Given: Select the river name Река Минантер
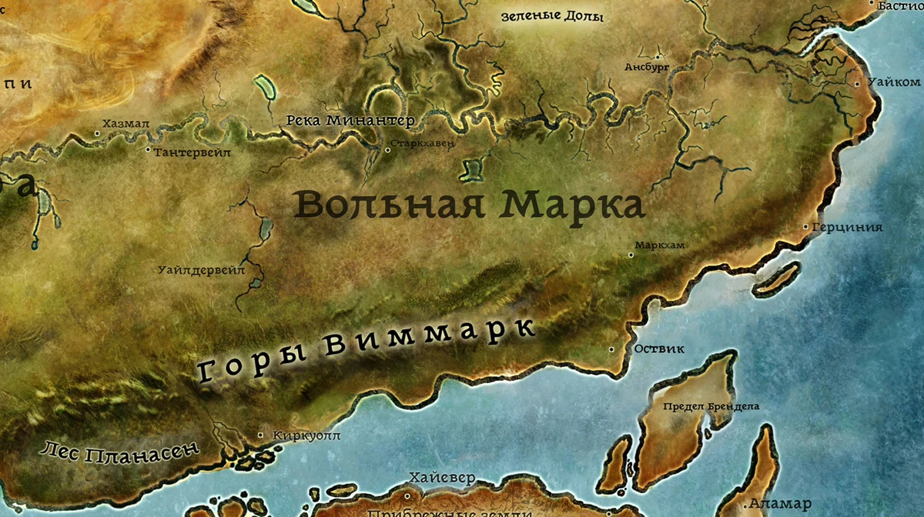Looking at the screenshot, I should [350, 121].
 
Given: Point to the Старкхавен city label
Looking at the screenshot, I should [422, 144].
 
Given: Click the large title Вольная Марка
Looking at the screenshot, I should [469, 205].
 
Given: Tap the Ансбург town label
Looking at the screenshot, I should [647, 68].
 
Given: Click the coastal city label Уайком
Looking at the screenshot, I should [893, 82].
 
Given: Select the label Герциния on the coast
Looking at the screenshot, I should [847, 228].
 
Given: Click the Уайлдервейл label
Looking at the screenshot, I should [200, 270].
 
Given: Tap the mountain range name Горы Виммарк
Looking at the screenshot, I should [367, 349].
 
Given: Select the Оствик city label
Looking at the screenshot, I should [659, 349].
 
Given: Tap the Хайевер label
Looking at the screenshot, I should [443, 478].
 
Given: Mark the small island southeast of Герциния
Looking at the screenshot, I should [775, 278].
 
